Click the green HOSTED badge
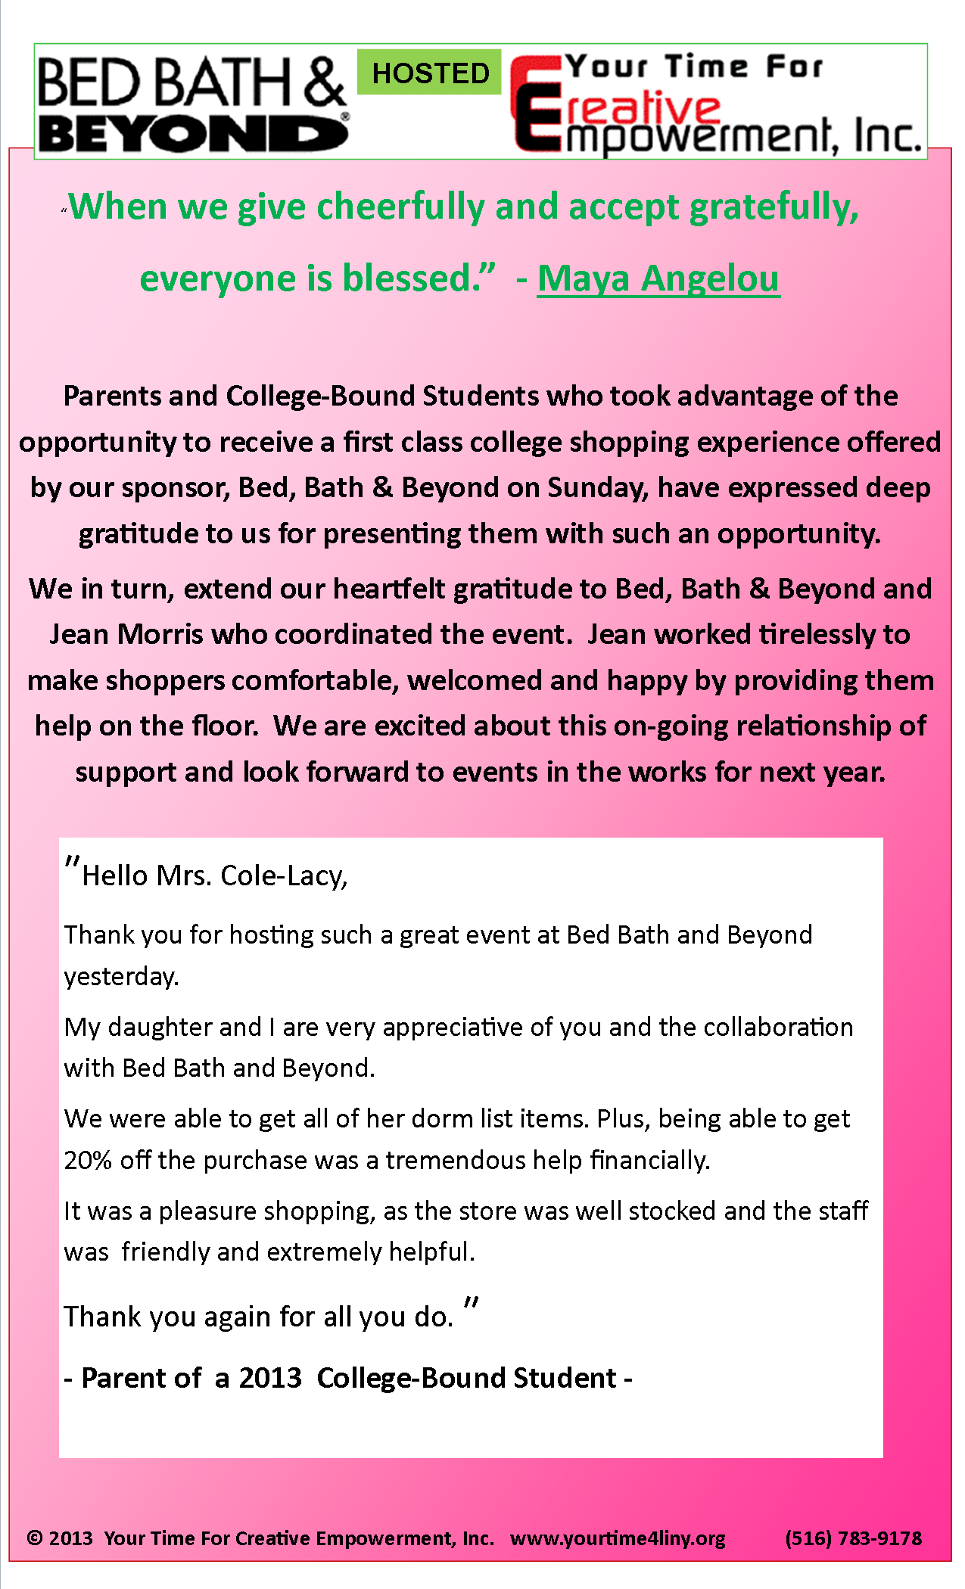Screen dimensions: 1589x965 [x=429, y=73]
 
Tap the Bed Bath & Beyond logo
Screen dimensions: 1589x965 [x=192, y=104]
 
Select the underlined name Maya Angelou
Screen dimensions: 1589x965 [x=658, y=278]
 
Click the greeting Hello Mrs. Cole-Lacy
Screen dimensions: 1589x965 [x=214, y=876]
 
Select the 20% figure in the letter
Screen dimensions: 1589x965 [x=88, y=1160]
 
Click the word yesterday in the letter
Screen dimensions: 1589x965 [x=120, y=977]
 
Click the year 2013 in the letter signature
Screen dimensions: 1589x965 [x=270, y=1378]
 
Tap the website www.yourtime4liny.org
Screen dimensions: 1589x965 [x=618, y=1538]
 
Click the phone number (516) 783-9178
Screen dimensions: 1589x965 [x=853, y=1538]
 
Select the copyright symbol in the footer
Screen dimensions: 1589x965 [x=34, y=1538]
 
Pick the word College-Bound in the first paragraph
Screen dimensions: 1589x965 [x=320, y=396]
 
